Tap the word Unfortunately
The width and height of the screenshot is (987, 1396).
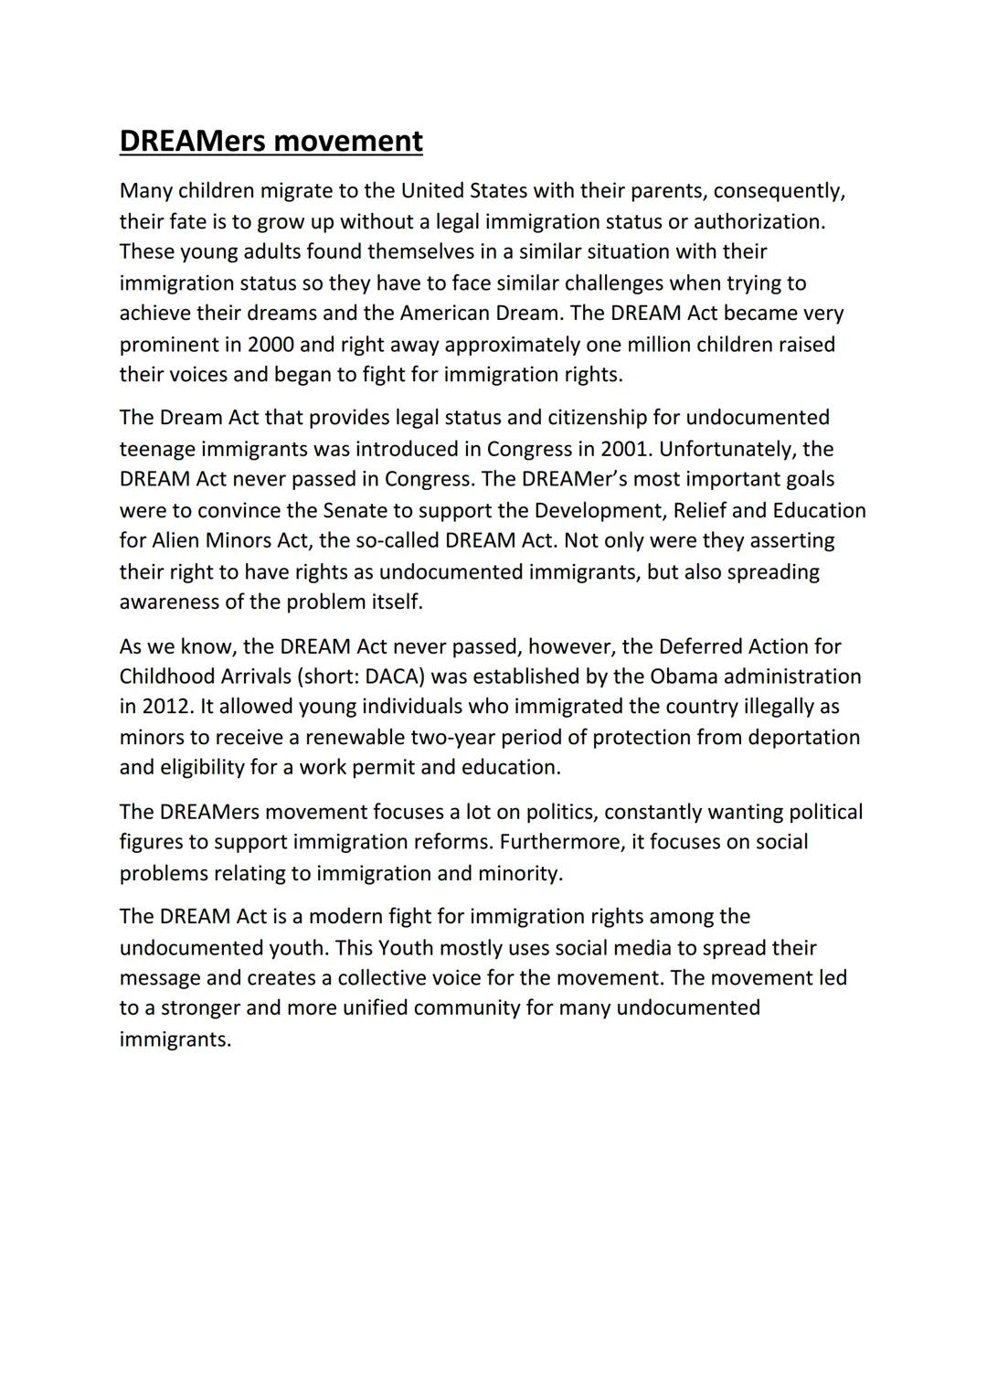[x=727, y=449]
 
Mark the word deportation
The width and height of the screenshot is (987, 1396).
[x=803, y=737]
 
